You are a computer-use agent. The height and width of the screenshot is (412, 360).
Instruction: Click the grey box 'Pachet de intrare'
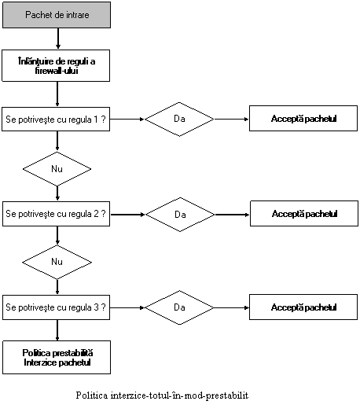coord(57,15)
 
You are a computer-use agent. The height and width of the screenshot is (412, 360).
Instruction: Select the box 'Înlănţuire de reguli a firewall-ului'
coord(56,66)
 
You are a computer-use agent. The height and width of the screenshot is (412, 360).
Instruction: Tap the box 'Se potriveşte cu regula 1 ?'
coord(56,119)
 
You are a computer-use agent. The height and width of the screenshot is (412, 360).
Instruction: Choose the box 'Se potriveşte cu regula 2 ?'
coord(56,214)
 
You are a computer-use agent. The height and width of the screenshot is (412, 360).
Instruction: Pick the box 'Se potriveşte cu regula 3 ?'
coord(56,307)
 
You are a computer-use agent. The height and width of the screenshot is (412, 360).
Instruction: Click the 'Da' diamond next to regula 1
coord(179,120)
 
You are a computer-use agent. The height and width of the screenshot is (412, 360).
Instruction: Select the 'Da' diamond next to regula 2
coord(180,215)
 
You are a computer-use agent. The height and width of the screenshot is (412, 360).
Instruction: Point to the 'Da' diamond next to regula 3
coord(179,307)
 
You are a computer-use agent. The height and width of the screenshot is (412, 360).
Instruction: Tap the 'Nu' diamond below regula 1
coord(57,169)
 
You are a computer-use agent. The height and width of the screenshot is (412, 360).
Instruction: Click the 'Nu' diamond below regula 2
coord(57,262)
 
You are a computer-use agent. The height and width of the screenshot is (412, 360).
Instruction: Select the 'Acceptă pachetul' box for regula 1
coord(303,119)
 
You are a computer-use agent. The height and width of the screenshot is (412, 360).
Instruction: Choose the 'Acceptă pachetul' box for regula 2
coord(304,214)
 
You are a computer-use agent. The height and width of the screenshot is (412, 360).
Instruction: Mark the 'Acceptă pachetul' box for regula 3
coord(303,307)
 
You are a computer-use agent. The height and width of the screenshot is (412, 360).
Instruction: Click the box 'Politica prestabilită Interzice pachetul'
coord(57,357)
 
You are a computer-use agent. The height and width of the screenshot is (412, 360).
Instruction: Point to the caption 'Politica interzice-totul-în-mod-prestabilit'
coord(162,395)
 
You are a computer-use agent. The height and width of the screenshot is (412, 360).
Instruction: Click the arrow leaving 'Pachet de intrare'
coord(58,39)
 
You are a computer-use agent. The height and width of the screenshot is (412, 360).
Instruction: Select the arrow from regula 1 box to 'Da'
coord(127,119)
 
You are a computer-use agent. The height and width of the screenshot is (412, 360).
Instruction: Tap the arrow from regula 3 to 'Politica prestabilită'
coord(57,330)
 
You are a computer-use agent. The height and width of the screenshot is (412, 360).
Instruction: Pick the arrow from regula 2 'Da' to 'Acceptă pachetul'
coord(232,215)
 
